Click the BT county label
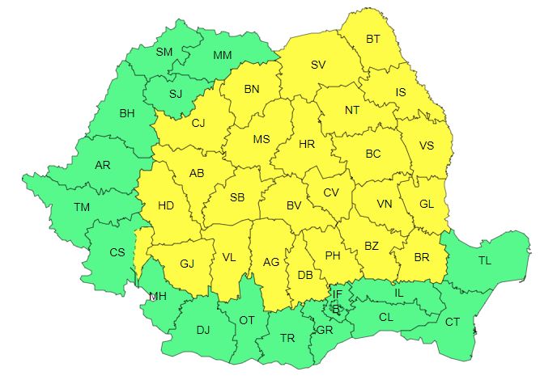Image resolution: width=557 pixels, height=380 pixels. click(x=373, y=39)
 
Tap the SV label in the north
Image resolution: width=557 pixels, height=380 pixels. click(x=319, y=65)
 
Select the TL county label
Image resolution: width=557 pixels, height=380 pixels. click(x=484, y=260)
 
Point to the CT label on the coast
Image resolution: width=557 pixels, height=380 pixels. click(x=453, y=322)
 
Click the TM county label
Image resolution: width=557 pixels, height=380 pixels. click(x=82, y=207)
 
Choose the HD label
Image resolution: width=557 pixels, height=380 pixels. click(x=165, y=205)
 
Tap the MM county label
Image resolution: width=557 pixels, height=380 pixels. click(x=222, y=55)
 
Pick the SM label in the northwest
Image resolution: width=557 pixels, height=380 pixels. click(x=164, y=52)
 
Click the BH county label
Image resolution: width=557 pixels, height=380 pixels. click(x=127, y=113)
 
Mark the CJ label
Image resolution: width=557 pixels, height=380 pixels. click(x=198, y=124)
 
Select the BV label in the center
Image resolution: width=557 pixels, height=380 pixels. click(x=294, y=205)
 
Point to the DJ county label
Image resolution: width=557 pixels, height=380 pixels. click(x=203, y=329)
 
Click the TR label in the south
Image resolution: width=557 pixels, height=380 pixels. click(x=287, y=338)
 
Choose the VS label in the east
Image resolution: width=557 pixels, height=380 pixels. click(x=427, y=146)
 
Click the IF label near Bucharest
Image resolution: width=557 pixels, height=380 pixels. click(x=338, y=293)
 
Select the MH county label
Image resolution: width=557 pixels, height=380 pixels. click(x=157, y=296)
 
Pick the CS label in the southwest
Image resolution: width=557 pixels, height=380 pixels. click(x=117, y=252)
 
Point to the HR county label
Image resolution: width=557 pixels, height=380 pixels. click(x=307, y=145)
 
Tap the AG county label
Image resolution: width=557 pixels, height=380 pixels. click(x=271, y=261)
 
